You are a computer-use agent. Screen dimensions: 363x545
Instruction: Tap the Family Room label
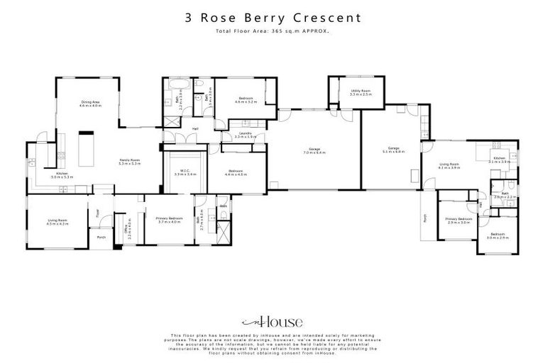(x=130, y=161)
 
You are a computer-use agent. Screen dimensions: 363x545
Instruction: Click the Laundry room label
(x=246, y=134)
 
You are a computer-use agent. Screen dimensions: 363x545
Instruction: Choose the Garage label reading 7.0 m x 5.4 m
(x=314, y=150)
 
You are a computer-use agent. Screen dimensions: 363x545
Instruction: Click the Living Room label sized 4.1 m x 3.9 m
(x=449, y=165)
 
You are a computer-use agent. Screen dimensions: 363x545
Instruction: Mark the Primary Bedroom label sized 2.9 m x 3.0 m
(x=458, y=220)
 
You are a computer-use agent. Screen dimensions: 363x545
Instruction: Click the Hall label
(x=194, y=128)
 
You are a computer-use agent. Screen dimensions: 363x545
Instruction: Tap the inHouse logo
(x=272, y=320)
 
